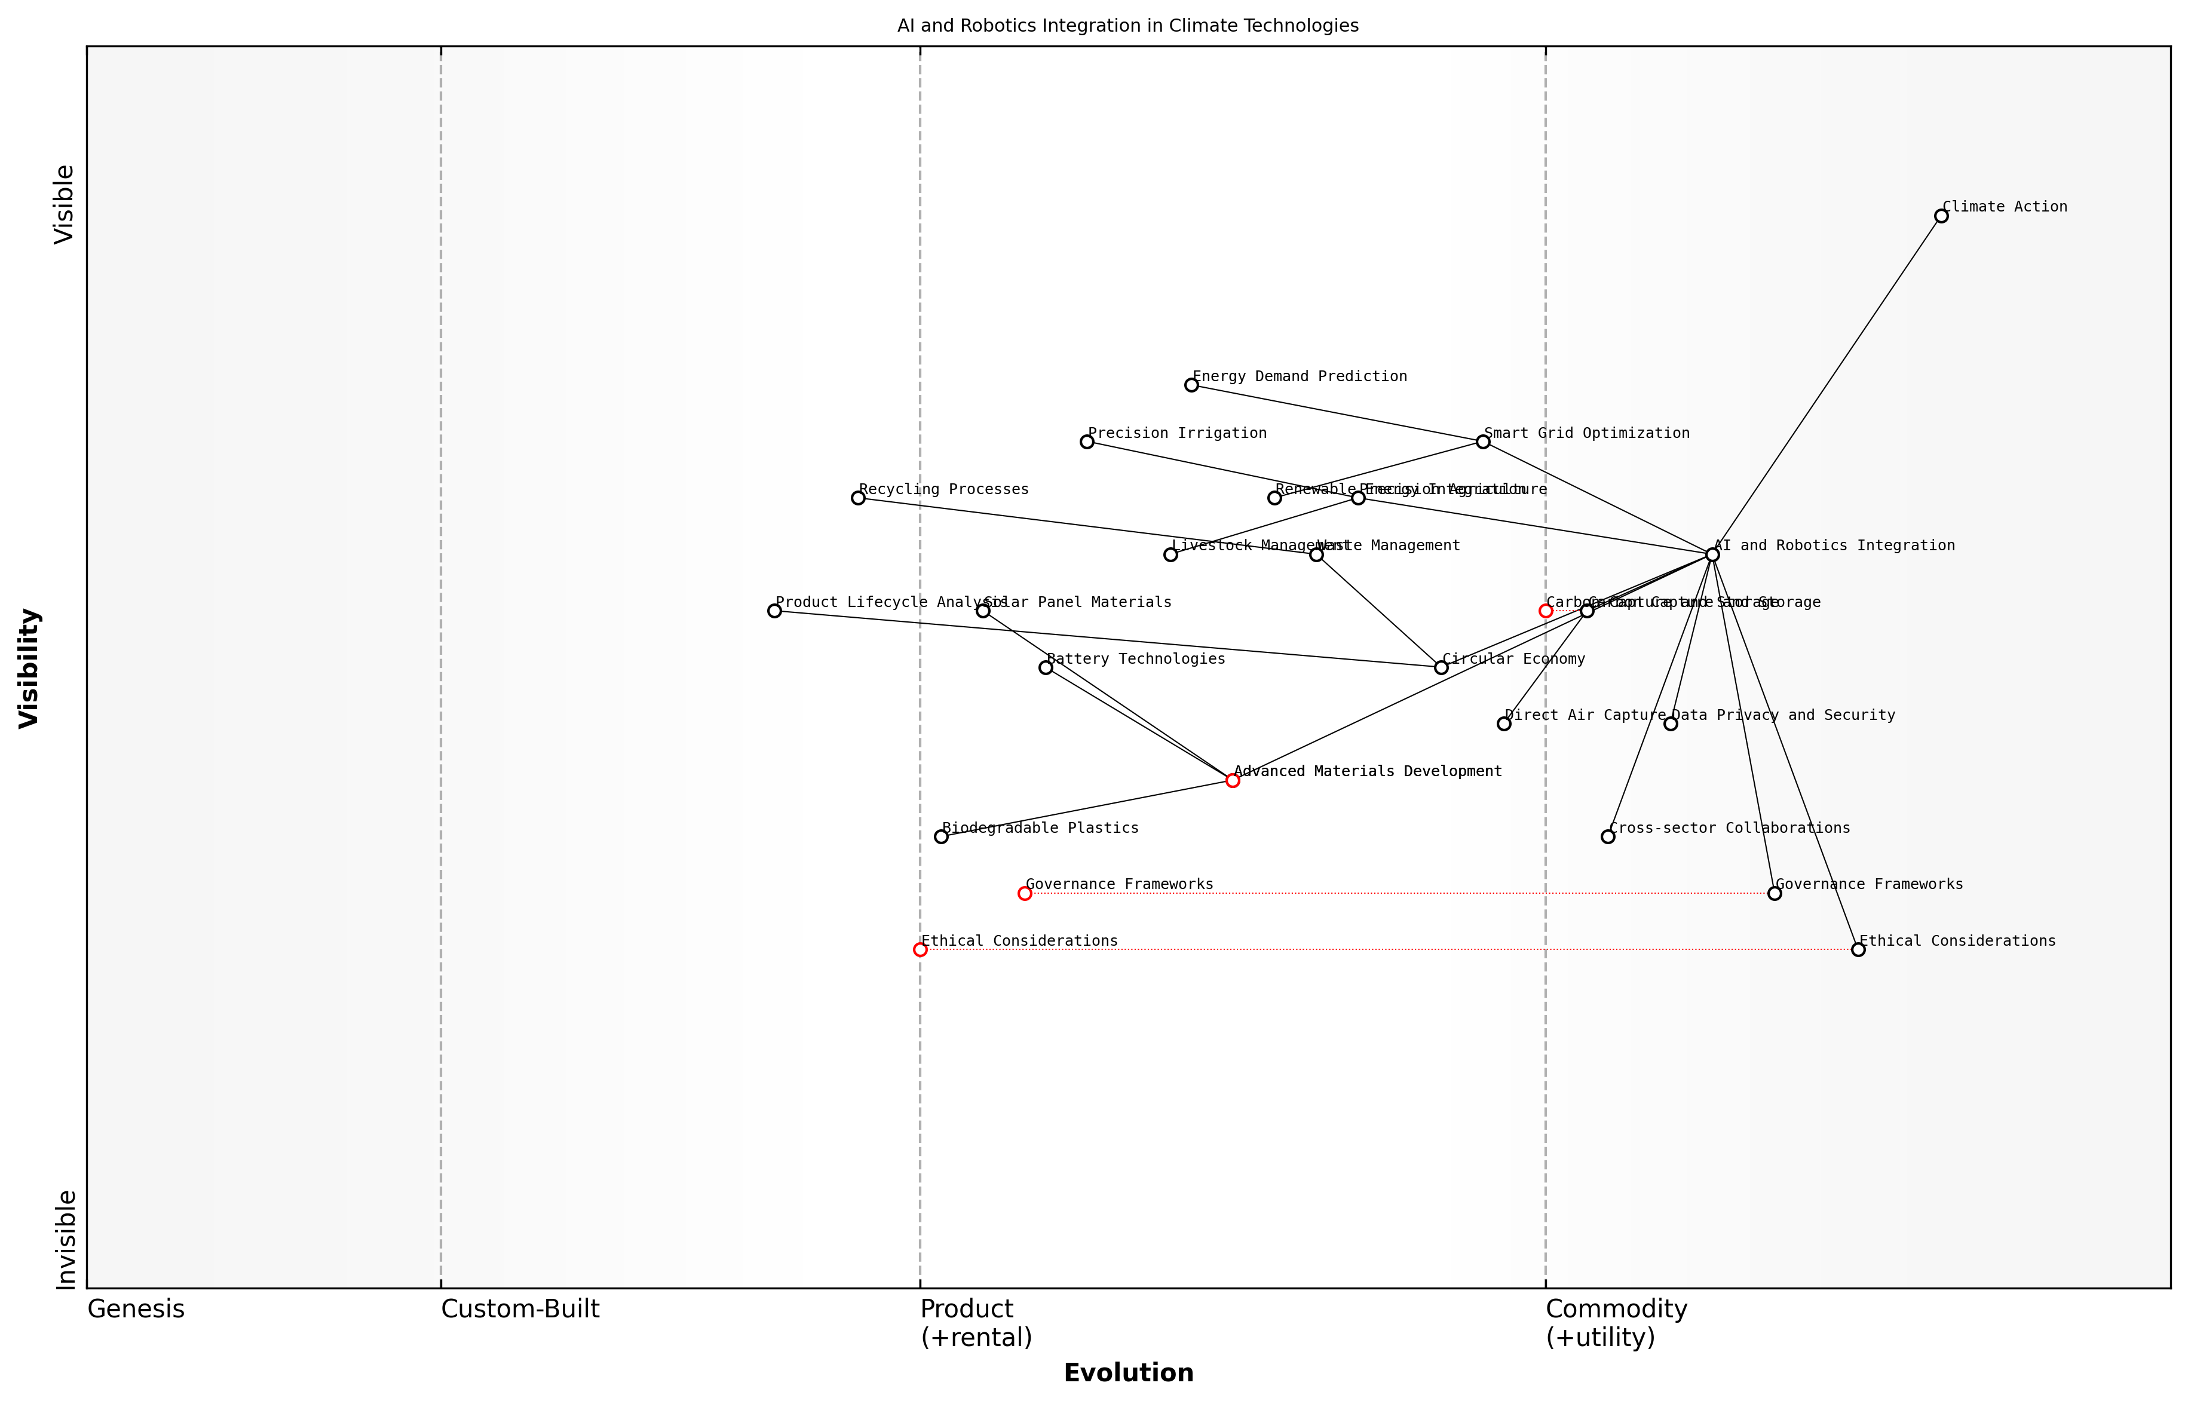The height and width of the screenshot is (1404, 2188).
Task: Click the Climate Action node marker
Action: (1941, 216)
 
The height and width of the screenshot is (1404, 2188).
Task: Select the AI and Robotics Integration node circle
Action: (1712, 554)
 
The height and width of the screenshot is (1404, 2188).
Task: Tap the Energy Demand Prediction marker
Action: (1191, 385)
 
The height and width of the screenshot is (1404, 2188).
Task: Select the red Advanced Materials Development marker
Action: (1233, 780)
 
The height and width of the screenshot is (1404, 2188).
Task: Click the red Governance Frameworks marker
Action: (1025, 893)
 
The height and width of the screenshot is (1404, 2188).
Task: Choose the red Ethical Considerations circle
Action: (920, 950)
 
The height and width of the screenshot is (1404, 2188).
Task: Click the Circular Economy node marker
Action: (1441, 667)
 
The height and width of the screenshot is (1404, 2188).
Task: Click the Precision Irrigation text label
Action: (1177, 433)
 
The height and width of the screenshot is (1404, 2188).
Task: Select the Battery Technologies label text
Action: (1136, 659)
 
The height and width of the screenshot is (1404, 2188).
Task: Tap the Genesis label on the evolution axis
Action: (136, 1309)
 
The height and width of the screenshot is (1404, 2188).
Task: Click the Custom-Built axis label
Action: (520, 1309)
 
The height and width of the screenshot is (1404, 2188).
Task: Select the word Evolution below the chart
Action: (1129, 1373)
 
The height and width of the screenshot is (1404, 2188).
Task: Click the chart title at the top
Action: (1127, 26)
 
